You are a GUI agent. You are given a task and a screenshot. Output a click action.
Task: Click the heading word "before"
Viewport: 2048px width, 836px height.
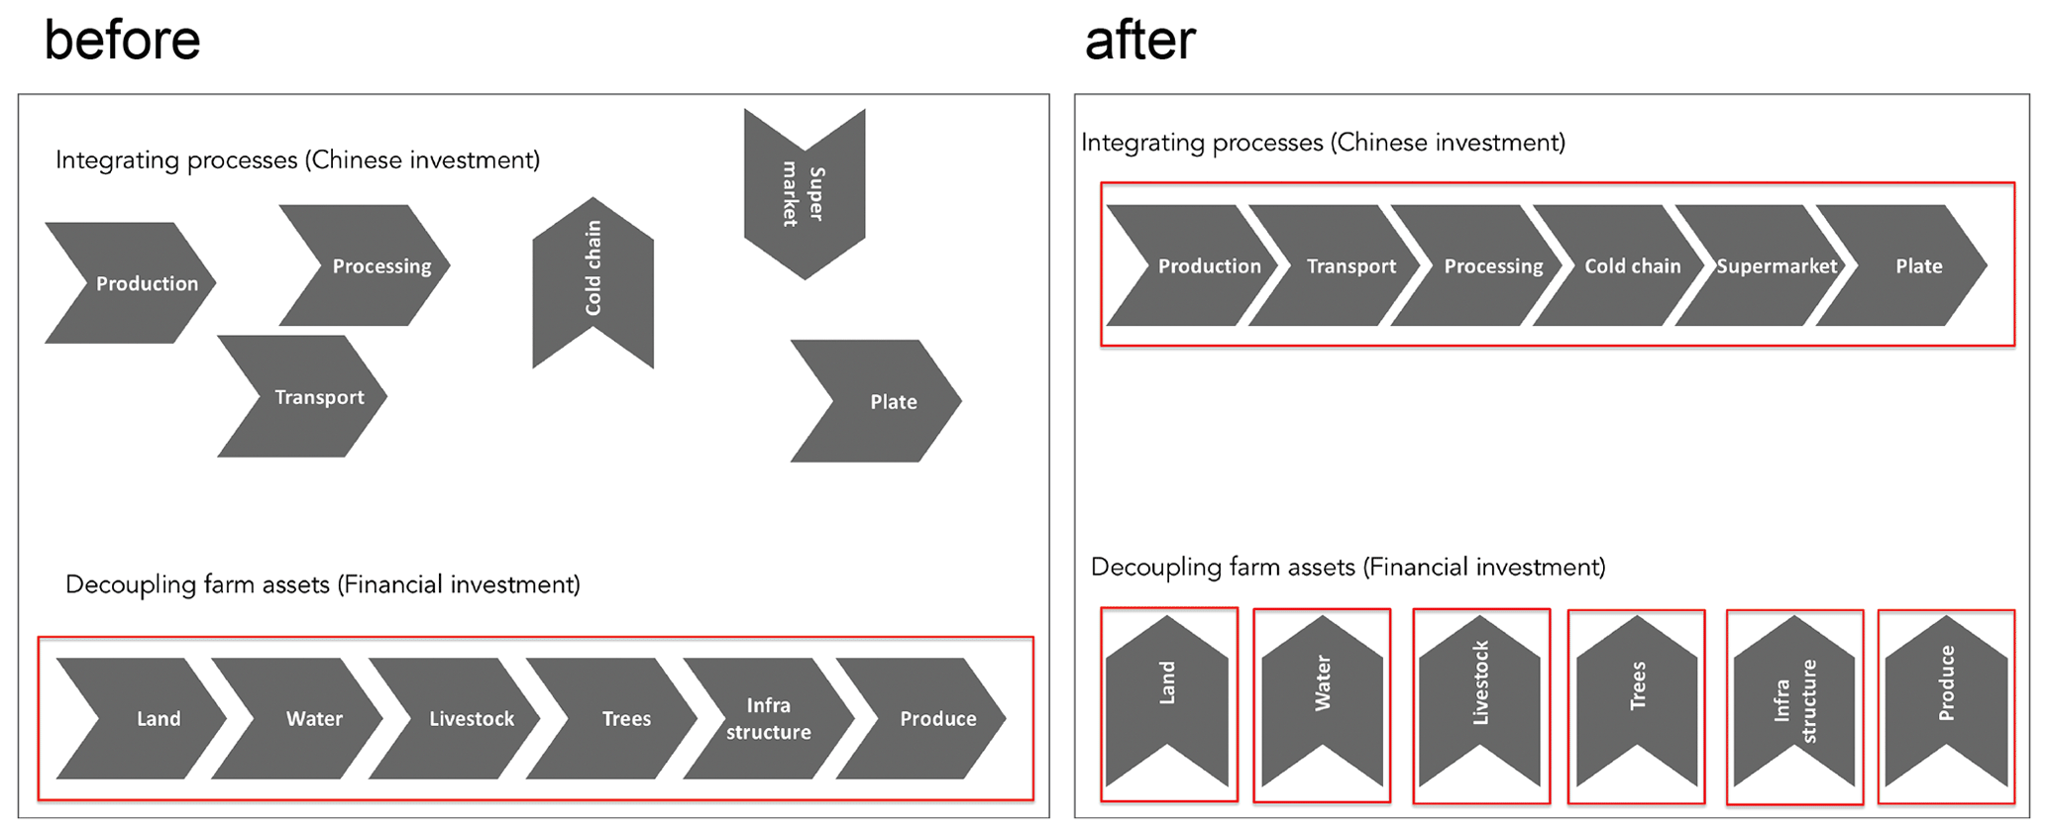coord(122,41)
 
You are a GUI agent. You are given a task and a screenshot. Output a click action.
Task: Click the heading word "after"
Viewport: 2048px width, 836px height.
coord(1139,41)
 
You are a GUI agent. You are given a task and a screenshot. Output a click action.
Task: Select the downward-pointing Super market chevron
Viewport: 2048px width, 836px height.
coord(805,188)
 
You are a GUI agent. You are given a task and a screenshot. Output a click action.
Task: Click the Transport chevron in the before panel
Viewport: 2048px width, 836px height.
coord(307,396)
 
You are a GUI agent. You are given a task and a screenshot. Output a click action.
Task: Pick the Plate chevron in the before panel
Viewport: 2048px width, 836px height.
coord(882,401)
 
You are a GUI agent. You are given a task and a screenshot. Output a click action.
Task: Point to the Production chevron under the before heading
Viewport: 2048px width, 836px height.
coord(134,283)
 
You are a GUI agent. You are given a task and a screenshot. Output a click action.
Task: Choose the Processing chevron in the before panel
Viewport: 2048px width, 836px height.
coord(372,265)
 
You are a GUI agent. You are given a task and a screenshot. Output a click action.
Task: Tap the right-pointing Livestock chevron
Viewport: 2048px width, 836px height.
coord(461,718)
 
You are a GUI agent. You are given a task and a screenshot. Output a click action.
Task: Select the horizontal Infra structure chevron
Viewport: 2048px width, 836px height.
coord(768,718)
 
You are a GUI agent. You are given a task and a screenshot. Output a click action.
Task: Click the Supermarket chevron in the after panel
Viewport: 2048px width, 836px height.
coord(1769,265)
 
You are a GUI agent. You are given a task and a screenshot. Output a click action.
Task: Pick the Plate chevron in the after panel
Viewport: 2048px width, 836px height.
coord(1907,265)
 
